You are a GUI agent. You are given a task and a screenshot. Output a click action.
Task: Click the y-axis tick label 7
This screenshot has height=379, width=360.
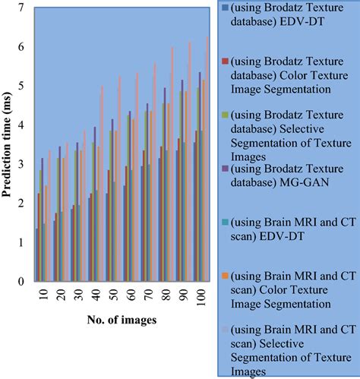pos(22,8)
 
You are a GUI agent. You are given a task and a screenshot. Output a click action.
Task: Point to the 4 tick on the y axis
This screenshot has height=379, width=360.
pos(22,125)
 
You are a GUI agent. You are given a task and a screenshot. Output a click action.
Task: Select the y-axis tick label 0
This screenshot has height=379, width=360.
pos(22,282)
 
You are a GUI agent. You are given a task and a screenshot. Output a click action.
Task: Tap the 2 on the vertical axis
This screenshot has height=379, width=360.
pos(22,204)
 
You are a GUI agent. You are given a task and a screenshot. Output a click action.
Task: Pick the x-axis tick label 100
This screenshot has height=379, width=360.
pos(197,295)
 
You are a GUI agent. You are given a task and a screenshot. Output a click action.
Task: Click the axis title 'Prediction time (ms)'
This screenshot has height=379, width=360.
pos(8,144)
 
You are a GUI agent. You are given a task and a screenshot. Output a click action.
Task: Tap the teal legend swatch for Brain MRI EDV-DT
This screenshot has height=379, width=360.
pos(226,233)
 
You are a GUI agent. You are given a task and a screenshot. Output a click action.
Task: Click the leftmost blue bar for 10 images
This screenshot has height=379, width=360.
pos(36,254)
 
